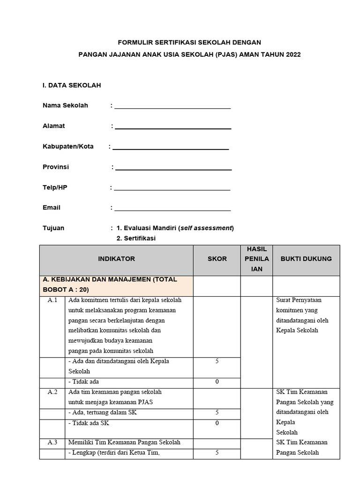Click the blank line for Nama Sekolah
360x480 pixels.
(172, 106)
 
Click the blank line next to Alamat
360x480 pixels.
(173, 127)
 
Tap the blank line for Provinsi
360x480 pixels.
(173, 168)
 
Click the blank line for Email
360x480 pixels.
(172, 209)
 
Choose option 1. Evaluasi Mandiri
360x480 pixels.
(175, 228)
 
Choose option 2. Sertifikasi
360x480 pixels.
(136, 238)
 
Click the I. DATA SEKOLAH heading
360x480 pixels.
(72, 85)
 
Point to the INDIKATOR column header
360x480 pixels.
(116, 259)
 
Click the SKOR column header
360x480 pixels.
(217, 259)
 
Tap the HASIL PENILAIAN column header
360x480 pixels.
(256, 259)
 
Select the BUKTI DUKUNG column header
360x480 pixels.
(306, 259)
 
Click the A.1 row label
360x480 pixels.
(52, 300)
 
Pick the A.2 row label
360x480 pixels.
(52, 392)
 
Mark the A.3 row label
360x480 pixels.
(52, 442)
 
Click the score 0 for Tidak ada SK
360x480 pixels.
(217, 423)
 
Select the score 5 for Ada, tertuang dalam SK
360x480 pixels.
(217, 412)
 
